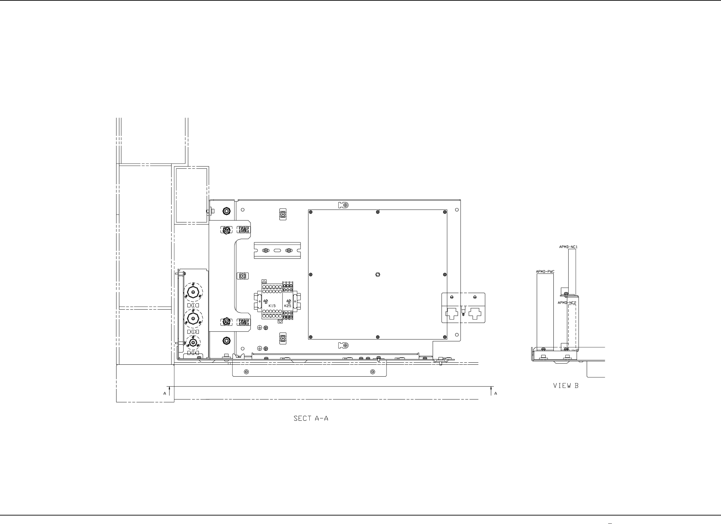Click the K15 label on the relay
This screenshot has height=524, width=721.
(x=272, y=306)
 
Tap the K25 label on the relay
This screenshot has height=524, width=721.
(x=288, y=306)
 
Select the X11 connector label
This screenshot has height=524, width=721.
(x=193, y=306)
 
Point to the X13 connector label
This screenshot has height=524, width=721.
(x=193, y=332)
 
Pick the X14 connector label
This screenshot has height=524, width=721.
(x=193, y=353)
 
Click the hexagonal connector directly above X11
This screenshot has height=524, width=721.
(x=193, y=292)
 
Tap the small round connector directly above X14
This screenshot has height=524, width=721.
(x=193, y=343)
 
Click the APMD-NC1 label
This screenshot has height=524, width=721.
(x=568, y=247)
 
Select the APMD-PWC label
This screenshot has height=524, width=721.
(x=545, y=272)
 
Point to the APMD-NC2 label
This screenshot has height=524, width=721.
(x=566, y=303)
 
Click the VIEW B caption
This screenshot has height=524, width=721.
(x=566, y=386)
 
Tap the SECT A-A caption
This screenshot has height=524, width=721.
(x=311, y=418)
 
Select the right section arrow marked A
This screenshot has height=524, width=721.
(x=491, y=392)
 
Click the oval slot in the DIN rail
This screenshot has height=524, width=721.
(x=277, y=251)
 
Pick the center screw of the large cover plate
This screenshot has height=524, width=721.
(x=378, y=274)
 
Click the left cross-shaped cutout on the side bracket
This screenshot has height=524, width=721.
(x=452, y=314)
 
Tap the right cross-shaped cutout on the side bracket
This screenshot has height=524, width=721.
(x=475, y=314)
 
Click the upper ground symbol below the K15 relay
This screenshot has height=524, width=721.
(x=260, y=327)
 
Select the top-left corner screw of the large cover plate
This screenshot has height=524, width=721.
(x=310, y=212)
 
